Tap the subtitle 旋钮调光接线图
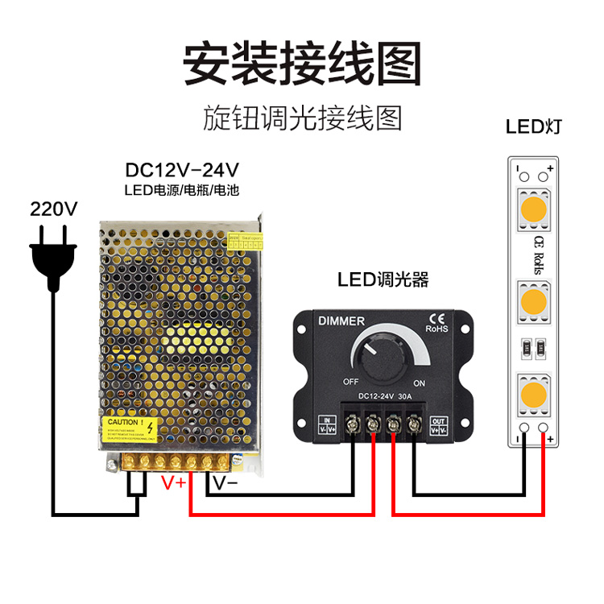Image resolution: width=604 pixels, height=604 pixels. click(302, 118)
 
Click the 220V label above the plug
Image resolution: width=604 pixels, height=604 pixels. click(54, 209)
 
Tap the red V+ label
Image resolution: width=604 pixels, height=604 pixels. click(175, 483)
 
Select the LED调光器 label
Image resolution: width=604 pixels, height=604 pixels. click(383, 279)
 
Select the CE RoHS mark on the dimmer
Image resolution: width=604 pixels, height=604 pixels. click(436, 322)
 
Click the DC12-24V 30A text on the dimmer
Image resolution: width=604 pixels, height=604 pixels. click(383, 396)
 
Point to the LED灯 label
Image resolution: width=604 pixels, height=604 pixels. click(533, 126)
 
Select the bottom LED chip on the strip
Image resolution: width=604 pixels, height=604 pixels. click(532, 395)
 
